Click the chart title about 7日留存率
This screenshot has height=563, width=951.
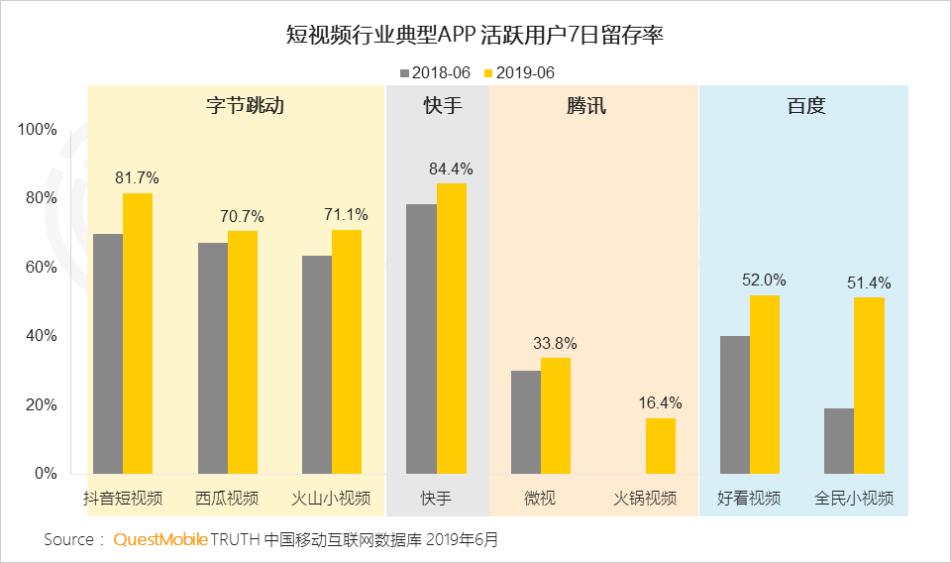(475, 37)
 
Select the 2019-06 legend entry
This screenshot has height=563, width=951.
(518, 72)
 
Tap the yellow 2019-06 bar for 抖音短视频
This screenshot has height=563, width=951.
(138, 333)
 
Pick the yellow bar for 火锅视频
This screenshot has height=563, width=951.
(661, 446)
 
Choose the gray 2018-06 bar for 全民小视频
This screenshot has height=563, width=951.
(839, 441)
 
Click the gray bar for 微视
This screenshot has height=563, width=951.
(525, 422)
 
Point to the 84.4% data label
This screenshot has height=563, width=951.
(451, 169)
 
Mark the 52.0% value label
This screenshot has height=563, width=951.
(764, 280)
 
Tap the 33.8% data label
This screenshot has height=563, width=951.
(555, 344)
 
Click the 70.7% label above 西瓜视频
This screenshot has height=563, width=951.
(242, 215)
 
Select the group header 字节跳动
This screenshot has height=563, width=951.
(236, 106)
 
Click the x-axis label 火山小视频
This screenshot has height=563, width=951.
(331, 498)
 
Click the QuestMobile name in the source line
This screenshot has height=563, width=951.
(160, 540)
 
